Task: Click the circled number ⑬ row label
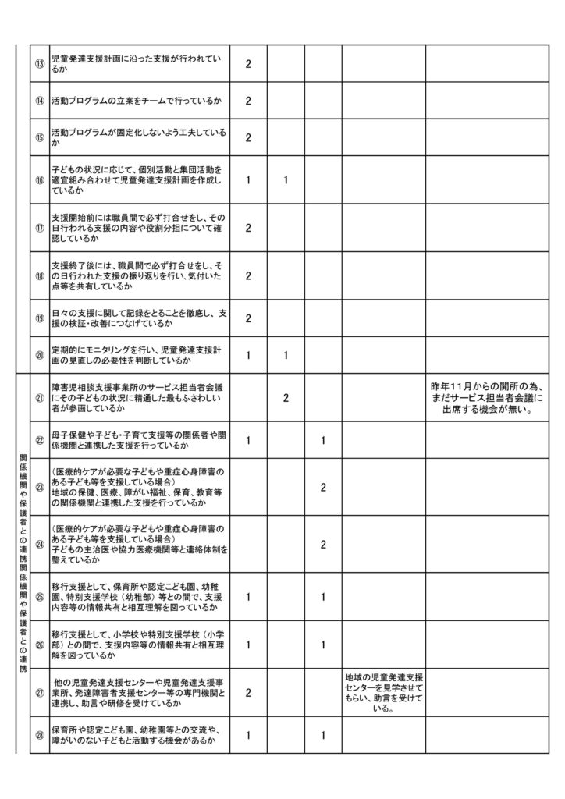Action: [39, 63]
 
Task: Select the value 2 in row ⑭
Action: [247, 101]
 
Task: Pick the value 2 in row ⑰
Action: [247, 228]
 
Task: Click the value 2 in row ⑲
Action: [247, 318]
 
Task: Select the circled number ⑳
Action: [39, 355]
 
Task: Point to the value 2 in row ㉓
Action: [323, 487]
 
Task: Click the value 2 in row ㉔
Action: [323, 545]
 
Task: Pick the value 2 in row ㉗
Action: [247, 693]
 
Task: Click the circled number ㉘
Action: [39, 735]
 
